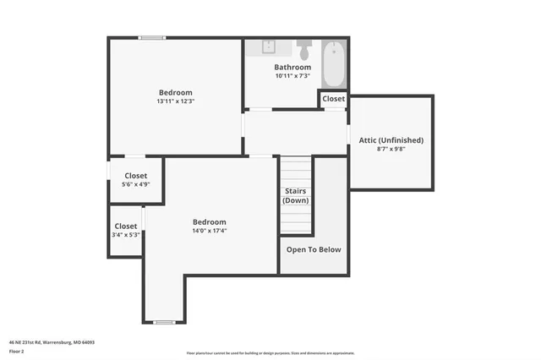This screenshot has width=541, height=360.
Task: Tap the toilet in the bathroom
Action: pos(304,46)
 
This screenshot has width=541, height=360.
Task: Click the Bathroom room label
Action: pos(292,67)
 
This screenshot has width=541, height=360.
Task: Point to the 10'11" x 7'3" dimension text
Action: pos(292,76)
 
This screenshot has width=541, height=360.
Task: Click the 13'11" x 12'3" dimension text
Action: pos(176,101)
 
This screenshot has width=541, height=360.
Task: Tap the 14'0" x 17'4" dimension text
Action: pos(210,231)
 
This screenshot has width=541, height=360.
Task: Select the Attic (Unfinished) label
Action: pos(391,139)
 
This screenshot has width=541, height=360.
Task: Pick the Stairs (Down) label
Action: pos(296,195)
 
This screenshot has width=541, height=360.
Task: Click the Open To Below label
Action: pos(314,249)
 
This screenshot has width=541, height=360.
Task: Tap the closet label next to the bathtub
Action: pos(333,99)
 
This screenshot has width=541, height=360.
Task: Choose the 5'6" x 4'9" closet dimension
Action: pos(135,184)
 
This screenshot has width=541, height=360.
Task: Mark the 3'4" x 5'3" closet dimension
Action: pos(126,235)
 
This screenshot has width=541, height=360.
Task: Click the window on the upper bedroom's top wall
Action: pos(152,37)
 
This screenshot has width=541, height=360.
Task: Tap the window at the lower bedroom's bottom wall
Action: pos(164,322)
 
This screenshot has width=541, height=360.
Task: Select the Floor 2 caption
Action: pos(16,351)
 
